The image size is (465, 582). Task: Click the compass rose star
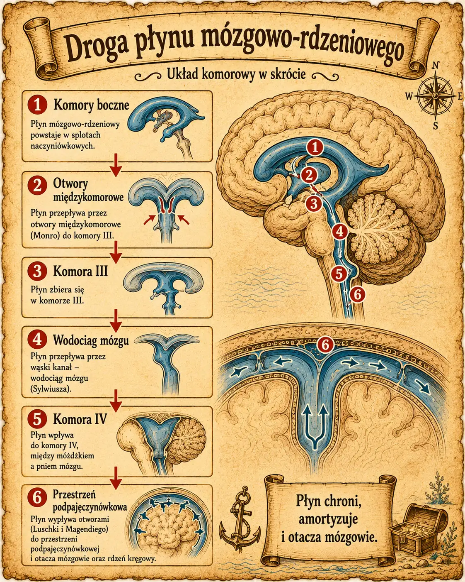[435, 96]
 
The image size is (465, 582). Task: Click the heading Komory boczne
[91, 105]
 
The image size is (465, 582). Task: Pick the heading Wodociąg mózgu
[91, 340]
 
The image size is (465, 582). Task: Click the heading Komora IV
[80, 419]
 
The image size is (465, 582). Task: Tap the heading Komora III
[80, 271]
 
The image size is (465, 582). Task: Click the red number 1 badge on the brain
[315, 148]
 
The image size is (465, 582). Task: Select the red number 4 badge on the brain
[340, 232]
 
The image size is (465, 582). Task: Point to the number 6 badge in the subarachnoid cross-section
[325, 345]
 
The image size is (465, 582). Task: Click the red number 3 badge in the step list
[38, 271]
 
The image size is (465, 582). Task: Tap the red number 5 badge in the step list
[38, 419]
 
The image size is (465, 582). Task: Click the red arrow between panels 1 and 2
[116, 165]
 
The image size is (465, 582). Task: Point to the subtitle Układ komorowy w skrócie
[236, 74]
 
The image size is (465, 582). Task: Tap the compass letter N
[435, 66]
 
